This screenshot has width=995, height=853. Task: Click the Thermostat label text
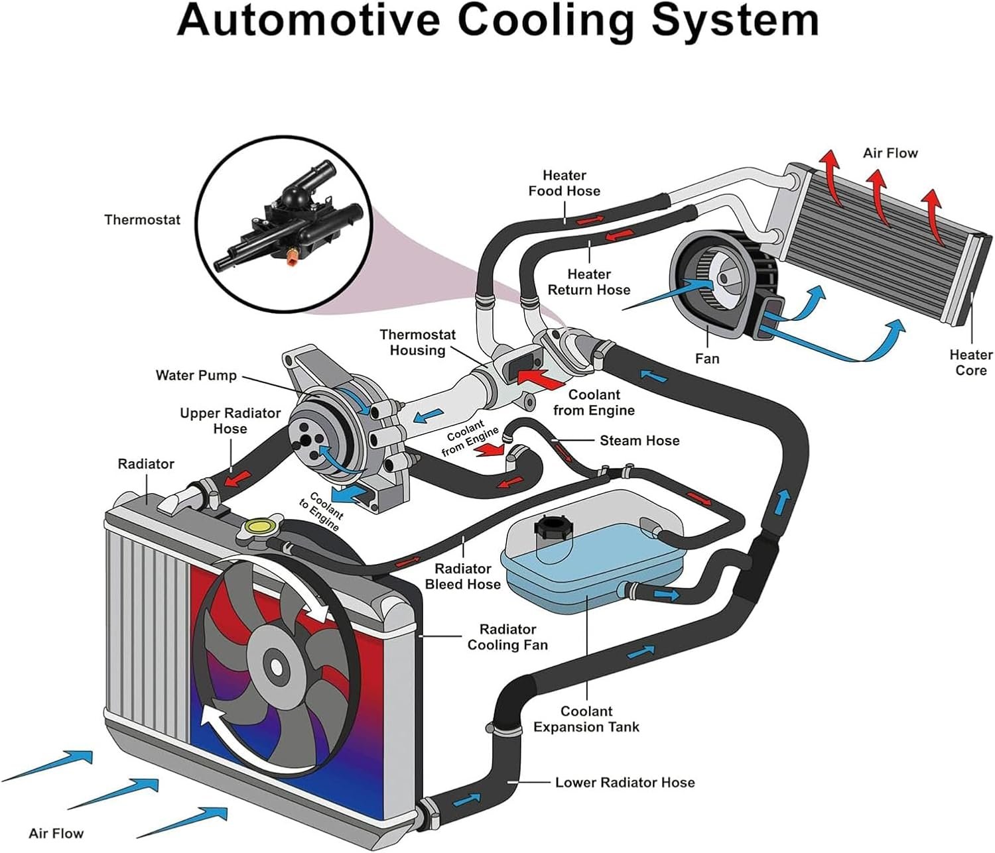pyautogui.click(x=143, y=220)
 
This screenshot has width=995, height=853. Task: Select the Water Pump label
pyautogui.click(x=196, y=375)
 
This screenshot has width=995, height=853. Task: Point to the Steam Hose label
pyautogui.click(x=639, y=441)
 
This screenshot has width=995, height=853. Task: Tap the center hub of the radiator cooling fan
pyautogui.click(x=277, y=667)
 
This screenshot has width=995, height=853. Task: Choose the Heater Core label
pyautogui.click(x=971, y=363)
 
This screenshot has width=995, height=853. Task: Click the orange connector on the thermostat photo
pyautogui.click(x=291, y=257)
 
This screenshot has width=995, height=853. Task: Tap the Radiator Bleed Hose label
pyautogui.click(x=463, y=577)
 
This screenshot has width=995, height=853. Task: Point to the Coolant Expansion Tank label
pyautogui.click(x=586, y=718)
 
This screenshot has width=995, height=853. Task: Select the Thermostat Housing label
pyautogui.click(x=417, y=342)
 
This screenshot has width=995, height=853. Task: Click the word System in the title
pyautogui.click(x=735, y=20)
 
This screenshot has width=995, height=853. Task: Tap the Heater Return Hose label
pyautogui.click(x=589, y=282)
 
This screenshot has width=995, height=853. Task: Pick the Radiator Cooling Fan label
pyautogui.click(x=508, y=637)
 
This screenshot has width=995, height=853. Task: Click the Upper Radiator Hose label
pyautogui.click(x=230, y=421)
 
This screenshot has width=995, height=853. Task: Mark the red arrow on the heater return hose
pyautogui.click(x=619, y=236)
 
